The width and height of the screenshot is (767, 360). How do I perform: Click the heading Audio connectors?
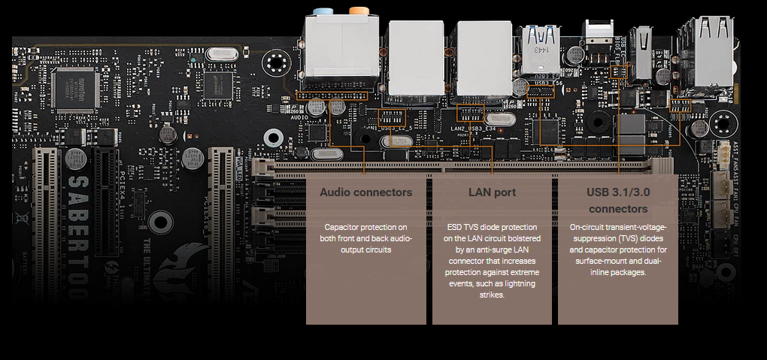[365, 192]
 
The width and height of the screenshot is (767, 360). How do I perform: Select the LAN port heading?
[492, 192]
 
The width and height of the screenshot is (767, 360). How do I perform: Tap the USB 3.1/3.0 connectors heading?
[617, 200]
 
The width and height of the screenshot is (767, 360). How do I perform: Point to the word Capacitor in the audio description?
[343, 227]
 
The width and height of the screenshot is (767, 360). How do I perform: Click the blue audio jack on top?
[323, 12]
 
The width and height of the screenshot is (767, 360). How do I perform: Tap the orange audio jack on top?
[358, 12]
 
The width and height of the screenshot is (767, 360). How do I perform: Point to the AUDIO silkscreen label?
[300, 118]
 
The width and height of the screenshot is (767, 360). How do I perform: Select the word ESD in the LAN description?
[455, 227]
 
